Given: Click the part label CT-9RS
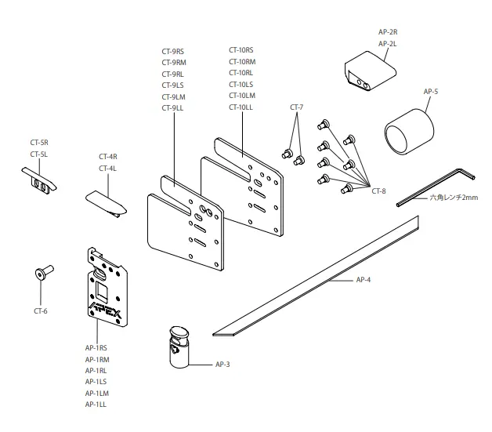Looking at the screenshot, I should click(173, 52).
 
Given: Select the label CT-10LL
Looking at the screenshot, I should click(241, 106).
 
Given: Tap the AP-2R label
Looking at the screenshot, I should click(388, 31).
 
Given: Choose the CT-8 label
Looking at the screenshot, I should click(378, 191).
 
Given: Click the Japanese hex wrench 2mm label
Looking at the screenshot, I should click(454, 198).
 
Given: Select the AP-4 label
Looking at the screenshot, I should click(364, 278).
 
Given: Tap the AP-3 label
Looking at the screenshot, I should click(224, 364).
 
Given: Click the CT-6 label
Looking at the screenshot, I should click(41, 311).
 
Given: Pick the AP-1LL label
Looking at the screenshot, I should click(96, 404).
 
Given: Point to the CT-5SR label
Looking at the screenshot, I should click(39, 143).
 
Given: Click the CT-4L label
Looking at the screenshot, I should click(108, 169).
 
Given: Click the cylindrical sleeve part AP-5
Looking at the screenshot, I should click(408, 128).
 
